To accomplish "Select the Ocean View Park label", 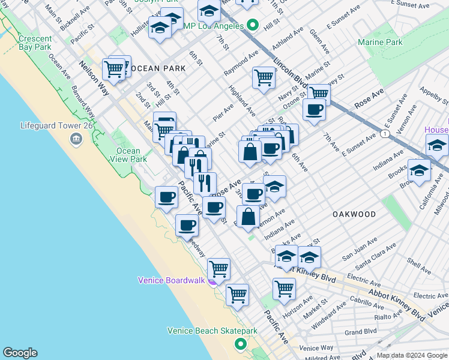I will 128,155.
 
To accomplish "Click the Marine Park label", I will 380,42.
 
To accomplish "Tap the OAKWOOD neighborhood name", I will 354,214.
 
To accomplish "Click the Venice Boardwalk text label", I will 172,280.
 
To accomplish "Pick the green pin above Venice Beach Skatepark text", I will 241,344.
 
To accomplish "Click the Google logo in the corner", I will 20,353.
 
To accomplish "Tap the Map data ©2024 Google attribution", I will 412,355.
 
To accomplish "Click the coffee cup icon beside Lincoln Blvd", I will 314,109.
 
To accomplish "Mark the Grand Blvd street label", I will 360,331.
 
